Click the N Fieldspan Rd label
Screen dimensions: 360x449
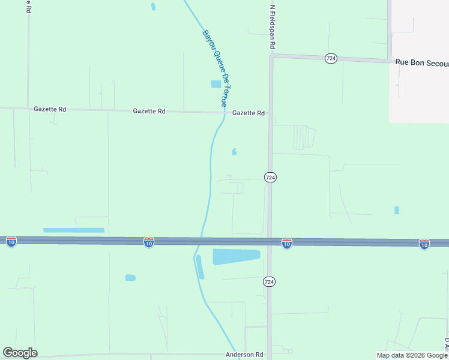click(272, 27)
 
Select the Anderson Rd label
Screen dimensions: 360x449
click(244, 355)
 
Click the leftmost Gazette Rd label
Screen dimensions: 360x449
click(50, 109)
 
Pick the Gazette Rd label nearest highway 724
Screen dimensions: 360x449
click(249, 113)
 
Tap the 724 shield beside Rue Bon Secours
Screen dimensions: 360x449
click(331, 58)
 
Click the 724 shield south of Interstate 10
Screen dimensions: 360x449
click(270, 281)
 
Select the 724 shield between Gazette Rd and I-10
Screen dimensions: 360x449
click(270, 178)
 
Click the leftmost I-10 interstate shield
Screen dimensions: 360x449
click(11, 242)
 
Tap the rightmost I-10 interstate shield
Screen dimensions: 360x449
click(424, 244)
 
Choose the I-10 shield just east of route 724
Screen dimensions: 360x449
click(287, 244)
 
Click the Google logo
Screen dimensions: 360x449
click(20, 353)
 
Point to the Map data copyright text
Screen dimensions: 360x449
click(412, 355)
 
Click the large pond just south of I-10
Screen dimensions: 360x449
click(236, 257)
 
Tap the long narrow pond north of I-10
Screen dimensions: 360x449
click(74, 230)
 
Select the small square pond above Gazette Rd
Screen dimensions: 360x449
click(216, 84)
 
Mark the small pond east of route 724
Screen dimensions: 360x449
click(396, 210)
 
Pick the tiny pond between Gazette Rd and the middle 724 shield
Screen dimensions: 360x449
click(234, 152)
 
